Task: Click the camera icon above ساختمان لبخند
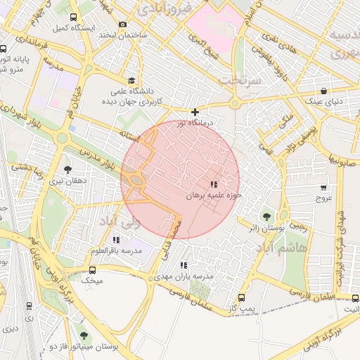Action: click(122, 24)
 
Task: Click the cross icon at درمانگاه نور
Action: click(195, 112)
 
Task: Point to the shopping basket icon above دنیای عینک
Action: click(323, 91)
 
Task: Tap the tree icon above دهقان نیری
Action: click(67, 169)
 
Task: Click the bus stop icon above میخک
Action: click(92, 269)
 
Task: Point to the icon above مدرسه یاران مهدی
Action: click(184, 265)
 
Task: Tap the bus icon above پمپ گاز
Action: click(243, 297)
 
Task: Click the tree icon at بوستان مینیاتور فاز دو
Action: click(84, 335)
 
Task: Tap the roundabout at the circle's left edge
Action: click(136, 182)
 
